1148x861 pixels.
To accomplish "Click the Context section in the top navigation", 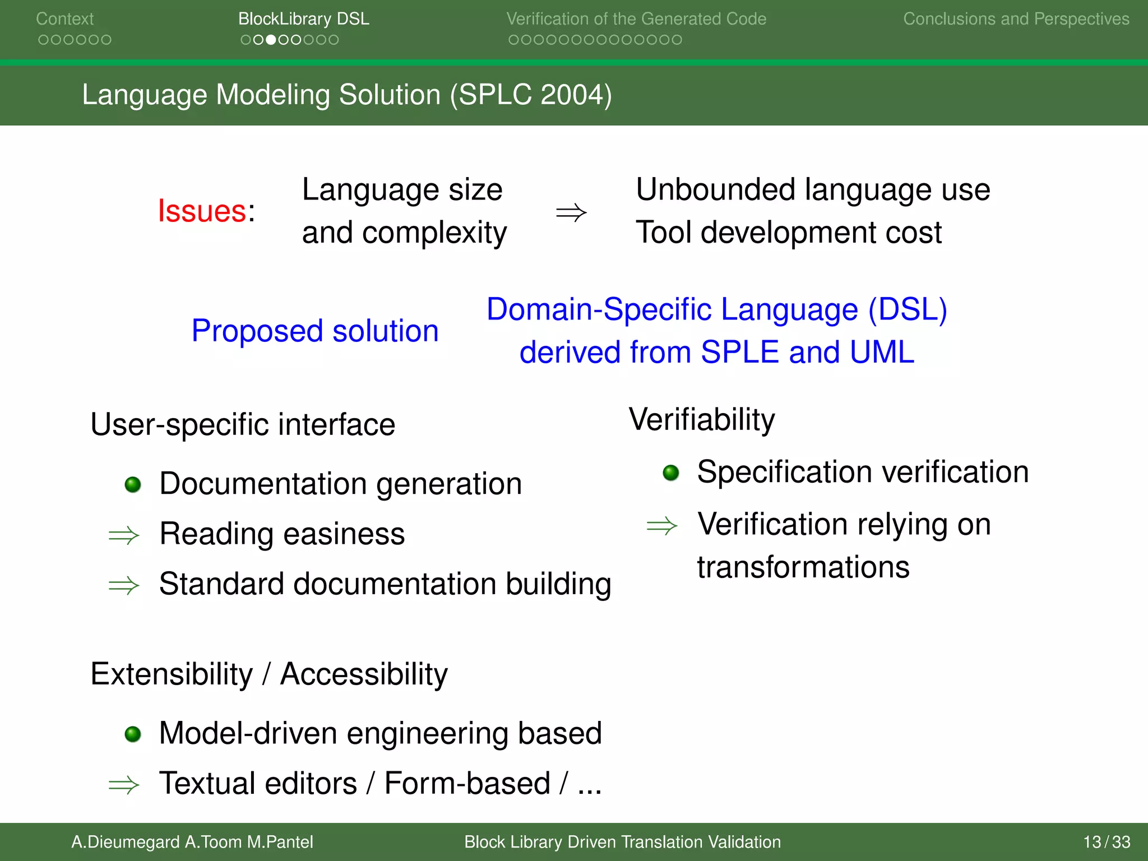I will pyautogui.click(x=64, y=19).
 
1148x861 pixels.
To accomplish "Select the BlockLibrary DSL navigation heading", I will pyautogui.click(x=303, y=19).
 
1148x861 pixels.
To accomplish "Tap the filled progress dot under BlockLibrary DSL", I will pyautogui.click(x=271, y=40).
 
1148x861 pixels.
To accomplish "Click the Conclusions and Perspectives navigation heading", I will pyautogui.click(x=1016, y=19).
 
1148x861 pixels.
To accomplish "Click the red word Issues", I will pyautogui.click(x=202, y=211).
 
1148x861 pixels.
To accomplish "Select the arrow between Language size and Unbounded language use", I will pyautogui.click(x=571, y=213).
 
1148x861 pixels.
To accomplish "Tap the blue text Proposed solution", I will pyautogui.click(x=314, y=331).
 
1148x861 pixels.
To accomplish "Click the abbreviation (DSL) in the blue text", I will pyautogui.click(x=908, y=309).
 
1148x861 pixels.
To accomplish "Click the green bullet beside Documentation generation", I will pyautogui.click(x=133, y=484).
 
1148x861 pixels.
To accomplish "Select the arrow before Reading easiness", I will pyautogui.click(x=124, y=535).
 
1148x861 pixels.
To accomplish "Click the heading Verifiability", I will pyautogui.click(x=702, y=420).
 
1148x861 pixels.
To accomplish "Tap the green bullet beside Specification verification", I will pyautogui.click(x=671, y=473).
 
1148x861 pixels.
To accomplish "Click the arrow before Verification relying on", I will pyautogui.click(x=661, y=526).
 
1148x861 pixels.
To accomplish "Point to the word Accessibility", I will pyautogui.click(x=364, y=674).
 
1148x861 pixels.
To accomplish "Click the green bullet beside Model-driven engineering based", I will pyautogui.click(x=133, y=734).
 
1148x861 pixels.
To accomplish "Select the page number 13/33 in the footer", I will pyautogui.click(x=1106, y=842).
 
